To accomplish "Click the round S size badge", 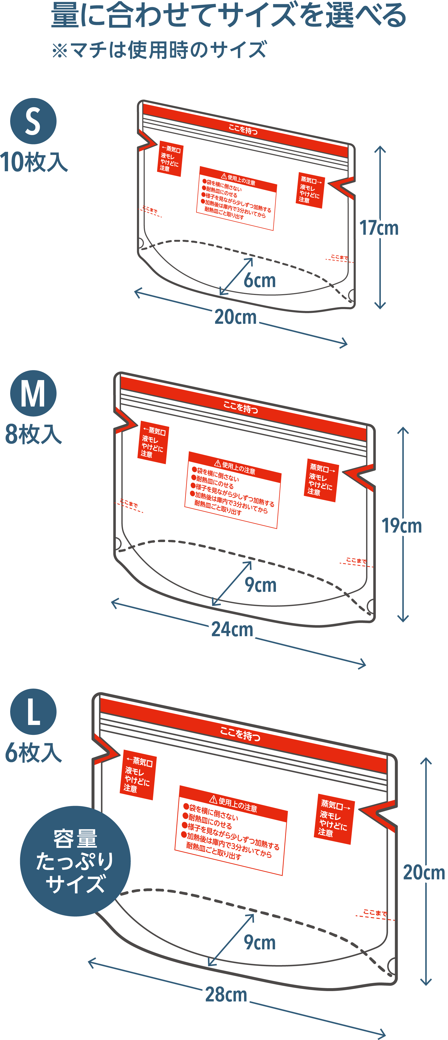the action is (x=33, y=121).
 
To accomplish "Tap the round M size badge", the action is (x=33, y=393).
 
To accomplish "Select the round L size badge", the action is (x=33, y=712).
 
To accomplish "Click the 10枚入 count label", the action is (x=34, y=162).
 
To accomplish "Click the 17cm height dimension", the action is (x=379, y=228).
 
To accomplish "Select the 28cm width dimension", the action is (x=226, y=994).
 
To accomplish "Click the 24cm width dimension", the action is (x=232, y=630).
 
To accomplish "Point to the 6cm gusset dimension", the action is (x=259, y=280).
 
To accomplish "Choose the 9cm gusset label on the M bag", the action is (x=261, y=585).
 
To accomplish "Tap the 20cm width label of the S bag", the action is (x=236, y=317).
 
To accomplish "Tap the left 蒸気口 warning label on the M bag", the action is (x=154, y=443).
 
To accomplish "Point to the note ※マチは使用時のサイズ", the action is (x=159, y=50).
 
